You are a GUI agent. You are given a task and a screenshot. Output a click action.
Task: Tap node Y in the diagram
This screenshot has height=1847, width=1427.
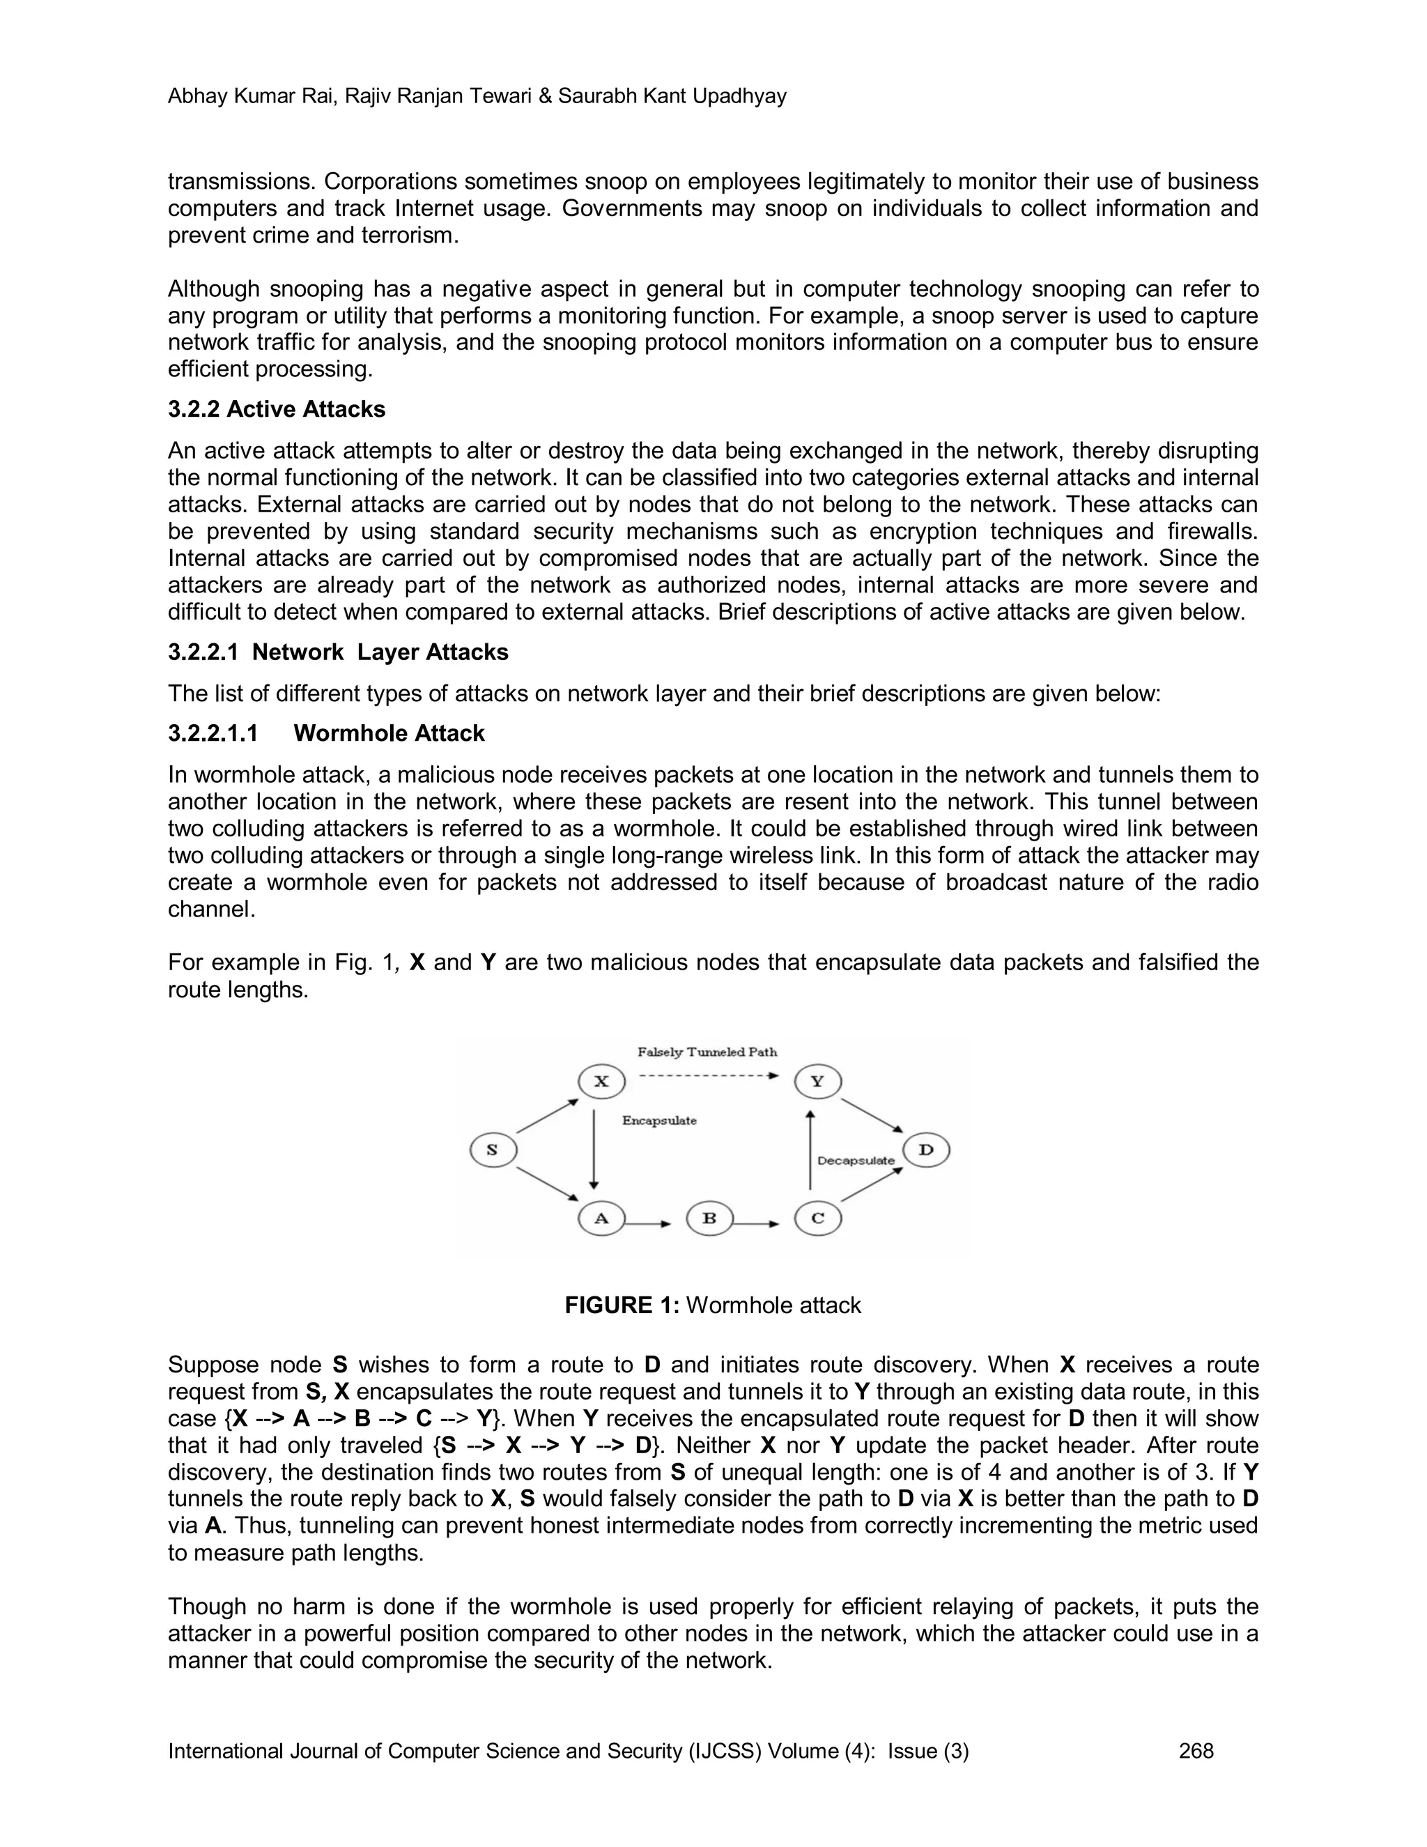[817, 1082]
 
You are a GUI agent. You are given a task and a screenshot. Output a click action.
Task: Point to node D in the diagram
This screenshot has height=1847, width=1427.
[927, 1150]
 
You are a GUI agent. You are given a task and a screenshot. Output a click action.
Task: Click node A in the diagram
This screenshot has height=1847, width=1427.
[601, 1218]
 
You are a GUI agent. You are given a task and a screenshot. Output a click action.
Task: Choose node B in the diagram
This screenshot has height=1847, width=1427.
[709, 1218]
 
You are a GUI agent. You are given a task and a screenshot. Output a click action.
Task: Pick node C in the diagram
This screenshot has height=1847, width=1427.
[817, 1218]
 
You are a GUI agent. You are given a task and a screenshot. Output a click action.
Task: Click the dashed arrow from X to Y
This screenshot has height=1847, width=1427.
[709, 1075]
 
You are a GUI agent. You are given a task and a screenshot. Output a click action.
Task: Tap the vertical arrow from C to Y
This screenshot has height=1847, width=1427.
[810, 1150]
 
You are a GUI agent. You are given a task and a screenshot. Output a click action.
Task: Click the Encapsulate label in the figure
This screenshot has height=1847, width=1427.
[659, 1121]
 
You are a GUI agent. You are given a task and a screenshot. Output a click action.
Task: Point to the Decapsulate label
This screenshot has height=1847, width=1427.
[856, 1161]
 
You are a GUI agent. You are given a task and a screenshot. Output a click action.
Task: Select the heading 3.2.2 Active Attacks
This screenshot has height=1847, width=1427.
[277, 409]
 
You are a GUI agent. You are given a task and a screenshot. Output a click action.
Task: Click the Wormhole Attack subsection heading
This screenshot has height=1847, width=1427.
[389, 733]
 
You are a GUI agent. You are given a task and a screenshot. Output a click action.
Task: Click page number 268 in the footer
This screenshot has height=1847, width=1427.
[1196, 1751]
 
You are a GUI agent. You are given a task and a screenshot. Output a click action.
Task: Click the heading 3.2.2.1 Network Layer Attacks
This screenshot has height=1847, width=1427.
[338, 652]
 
